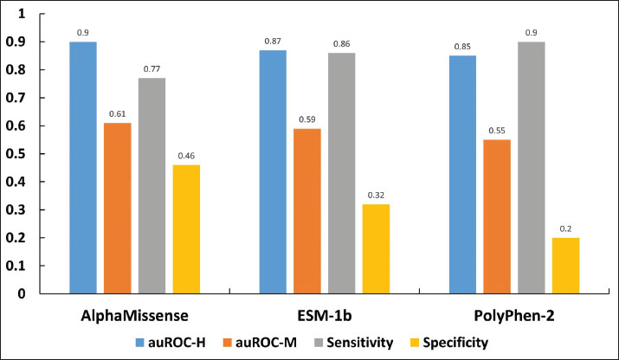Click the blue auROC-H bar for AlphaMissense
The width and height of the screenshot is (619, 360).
[x=83, y=167]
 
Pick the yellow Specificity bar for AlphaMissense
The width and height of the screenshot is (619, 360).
[x=185, y=228]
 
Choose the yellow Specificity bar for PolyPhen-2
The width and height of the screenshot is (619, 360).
[x=565, y=265]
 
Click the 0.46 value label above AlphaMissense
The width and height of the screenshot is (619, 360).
[x=185, y=156]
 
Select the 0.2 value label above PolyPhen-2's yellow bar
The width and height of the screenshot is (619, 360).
[x=565, y=228]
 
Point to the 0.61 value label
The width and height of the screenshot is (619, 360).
[x=118, y=114]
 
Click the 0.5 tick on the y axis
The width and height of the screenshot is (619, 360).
[x=23, y=154]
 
